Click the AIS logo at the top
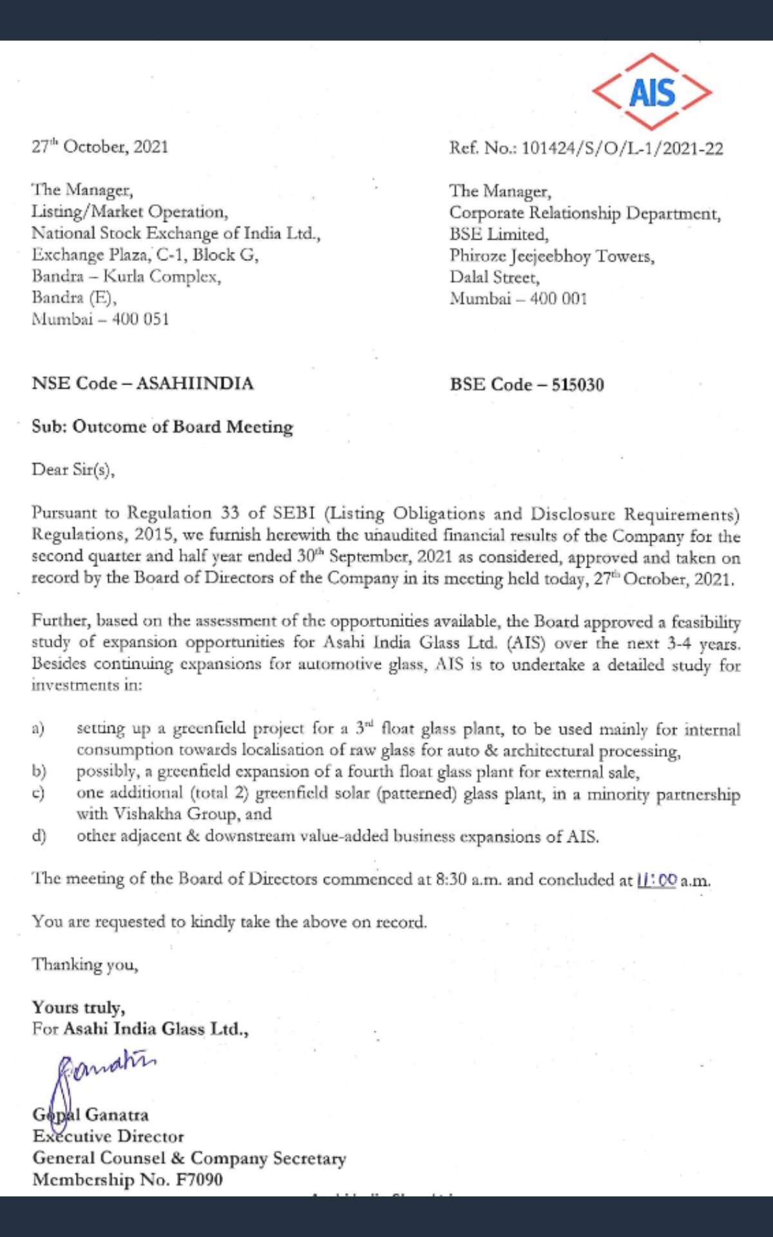pos(652,92)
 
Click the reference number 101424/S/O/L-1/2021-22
pos(622,149)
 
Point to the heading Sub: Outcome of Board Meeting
pos(162,427)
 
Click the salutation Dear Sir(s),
pos(73,469)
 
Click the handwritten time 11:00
pos(657,880)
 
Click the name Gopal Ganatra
pos(91,1115)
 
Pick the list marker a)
pos(38,729)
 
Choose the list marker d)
pos(39,836)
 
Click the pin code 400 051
pos(140,319)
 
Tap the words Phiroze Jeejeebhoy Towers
pos(552,256)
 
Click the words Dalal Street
pos(495,278)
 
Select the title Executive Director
pos(108,1136)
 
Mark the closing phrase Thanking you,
pos(85,964)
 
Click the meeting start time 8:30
pos(451,879)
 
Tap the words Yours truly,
pos(79,1007)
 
